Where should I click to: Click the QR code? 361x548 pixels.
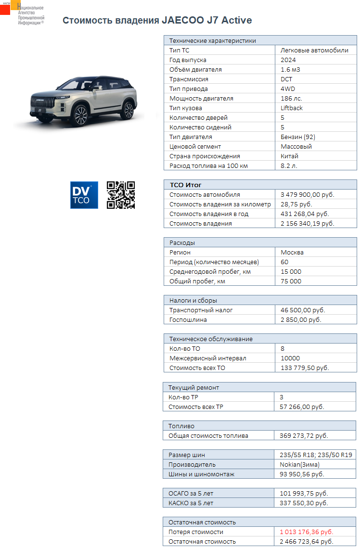(x=120, y=195)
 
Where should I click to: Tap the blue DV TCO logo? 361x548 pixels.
(x=84, y=195)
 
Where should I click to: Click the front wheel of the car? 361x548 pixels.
(x=80, y=115)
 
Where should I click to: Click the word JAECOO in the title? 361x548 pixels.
(x=185, y=21)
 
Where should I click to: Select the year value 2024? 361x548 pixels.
(x=288, y=60)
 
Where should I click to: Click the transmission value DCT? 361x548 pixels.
(x=286, y=79)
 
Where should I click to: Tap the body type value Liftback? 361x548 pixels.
(x=292, y=108)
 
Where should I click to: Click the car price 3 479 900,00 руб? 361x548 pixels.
(x=307, y=195)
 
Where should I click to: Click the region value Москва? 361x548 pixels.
(x=292, y=253)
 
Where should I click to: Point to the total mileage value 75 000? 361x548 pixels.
(x=291, y=281)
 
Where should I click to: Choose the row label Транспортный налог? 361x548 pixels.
(x=201, y=310)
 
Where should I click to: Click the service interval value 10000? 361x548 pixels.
(x=290, y=358)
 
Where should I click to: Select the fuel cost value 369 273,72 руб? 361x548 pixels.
(x=304, y=436)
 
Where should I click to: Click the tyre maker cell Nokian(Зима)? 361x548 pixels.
(x=299, y=465)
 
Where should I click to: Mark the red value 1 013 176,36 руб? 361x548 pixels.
(x=307, y=532)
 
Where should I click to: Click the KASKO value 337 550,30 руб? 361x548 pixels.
(x=304, y=503)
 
